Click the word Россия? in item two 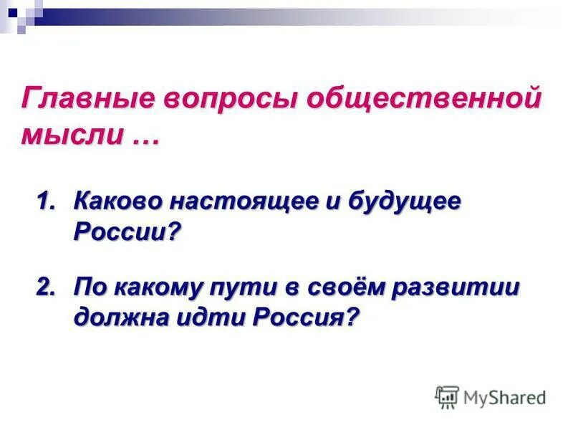304,317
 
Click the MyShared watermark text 504,397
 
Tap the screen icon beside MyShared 447,397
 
